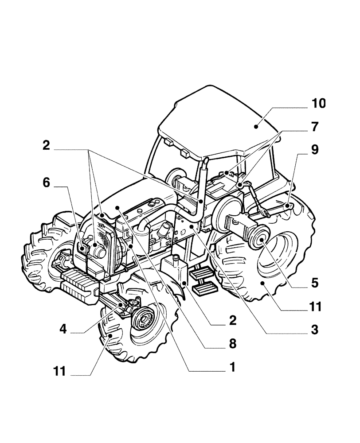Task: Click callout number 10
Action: tap(318, 104)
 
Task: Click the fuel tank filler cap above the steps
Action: tap(176, 257)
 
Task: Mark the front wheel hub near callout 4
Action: tap(143, 318)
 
